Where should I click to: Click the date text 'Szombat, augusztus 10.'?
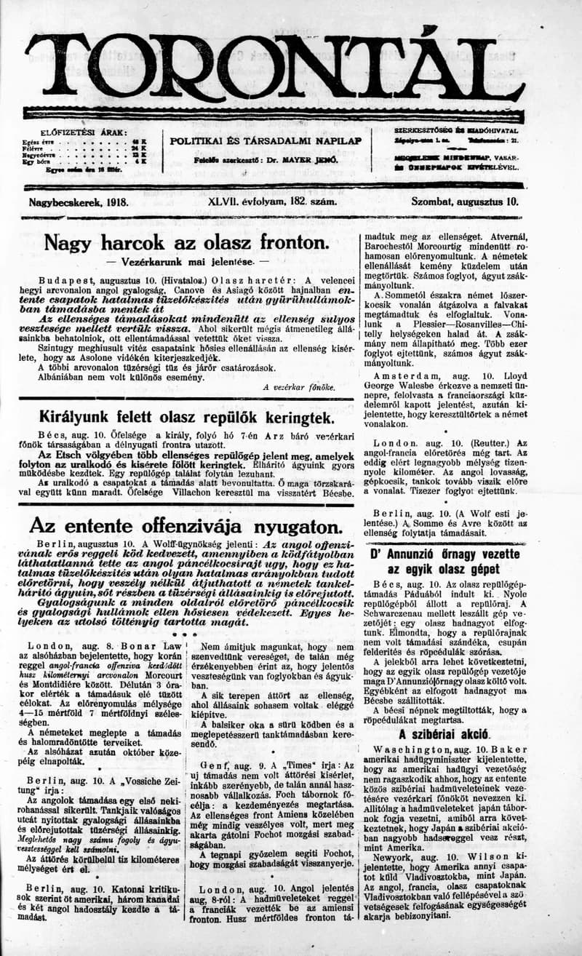(465, 201)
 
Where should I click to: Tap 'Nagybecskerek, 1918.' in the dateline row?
(79, 201)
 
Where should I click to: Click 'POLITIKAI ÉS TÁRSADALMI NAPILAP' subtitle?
(266, 140)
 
